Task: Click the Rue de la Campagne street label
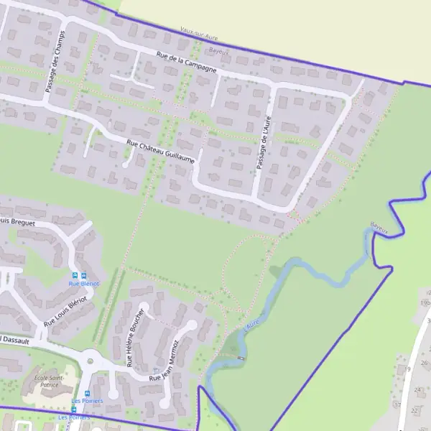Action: pyautogui.click(x=186, y=62)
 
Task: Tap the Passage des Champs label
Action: pyautogui.click(x=55, y=61)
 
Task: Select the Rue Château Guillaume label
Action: pyautogui.click(x=160, y=152)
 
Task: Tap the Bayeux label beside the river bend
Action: pyautogui.click(x=379, y=228)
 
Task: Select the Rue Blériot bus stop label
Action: pyautogui.click(x=83, y=284)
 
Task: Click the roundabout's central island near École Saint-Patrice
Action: pyautogui.click(x=91, y=361)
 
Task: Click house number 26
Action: pyautogui.click(x=425, y=363)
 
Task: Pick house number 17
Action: pyautogui.click(x=397, y=404)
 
